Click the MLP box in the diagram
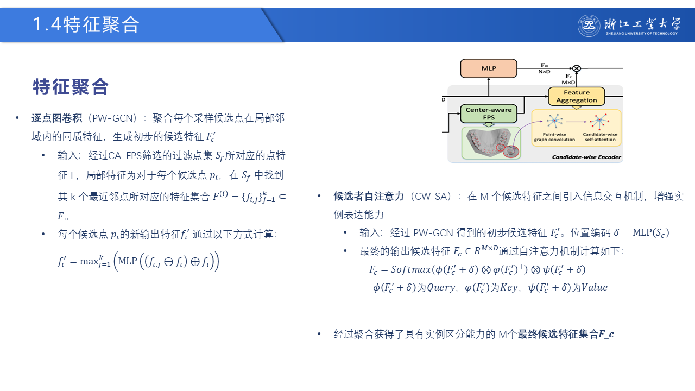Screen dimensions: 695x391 click(x=489, y=68)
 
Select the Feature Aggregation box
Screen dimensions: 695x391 click(x=577, y=96)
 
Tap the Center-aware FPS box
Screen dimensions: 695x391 click(x=489, y=113)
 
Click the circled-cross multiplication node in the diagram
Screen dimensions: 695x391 click(x=577, y=68)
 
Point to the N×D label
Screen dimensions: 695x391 click(x=544, y=72)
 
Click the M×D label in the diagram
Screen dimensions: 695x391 click(x=568, y=82)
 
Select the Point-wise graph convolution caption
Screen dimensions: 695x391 click(x=554, y=137)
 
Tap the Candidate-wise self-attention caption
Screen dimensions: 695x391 click(x=600, y=137)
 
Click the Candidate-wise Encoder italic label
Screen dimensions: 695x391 click(x=586, y=157)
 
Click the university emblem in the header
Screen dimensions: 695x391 click(x=589, y=26)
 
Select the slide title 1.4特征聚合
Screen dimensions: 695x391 click(x=86, y=24)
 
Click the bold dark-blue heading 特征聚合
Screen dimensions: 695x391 click(x=71, y=87)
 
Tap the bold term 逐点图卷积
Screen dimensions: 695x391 click(x=57, y=118)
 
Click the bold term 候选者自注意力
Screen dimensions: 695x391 click(x=369, y=197)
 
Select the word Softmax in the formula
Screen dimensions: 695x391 click(x=411, y=269)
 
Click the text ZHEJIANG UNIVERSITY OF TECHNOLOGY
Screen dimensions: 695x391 click(x=642, y=34)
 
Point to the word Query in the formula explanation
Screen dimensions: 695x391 click(x=441, y=288)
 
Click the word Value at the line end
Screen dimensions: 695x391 click(x=595, y=287)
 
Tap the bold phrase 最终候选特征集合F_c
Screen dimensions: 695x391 click(x=566, y=334)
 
